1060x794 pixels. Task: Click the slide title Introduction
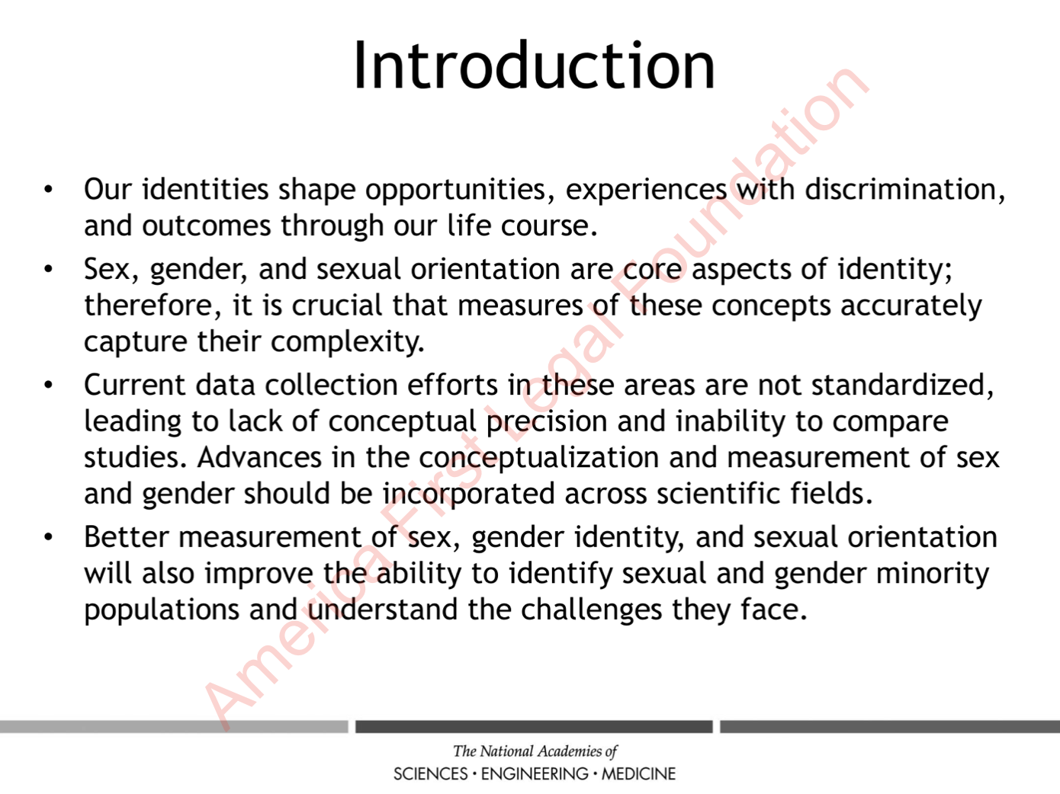(534, 66)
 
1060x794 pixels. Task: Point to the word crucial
(336, 305)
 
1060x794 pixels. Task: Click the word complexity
(347, 343)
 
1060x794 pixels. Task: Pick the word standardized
(902, 385)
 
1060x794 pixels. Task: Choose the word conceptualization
(538, 458)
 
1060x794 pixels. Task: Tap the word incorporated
(468, 495)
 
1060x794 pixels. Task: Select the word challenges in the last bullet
(591, 610)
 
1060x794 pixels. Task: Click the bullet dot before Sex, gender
(48, 269)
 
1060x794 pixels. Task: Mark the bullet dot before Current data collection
(48, 385)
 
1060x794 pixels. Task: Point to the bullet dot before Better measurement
(48, 537)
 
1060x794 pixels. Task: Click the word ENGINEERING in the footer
(535, 773)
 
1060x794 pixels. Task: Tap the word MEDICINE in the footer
(638, 773)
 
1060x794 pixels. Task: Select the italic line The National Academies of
(535, 751)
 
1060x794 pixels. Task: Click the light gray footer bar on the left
(174, 726)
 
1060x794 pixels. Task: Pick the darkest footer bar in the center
(534, 726)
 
